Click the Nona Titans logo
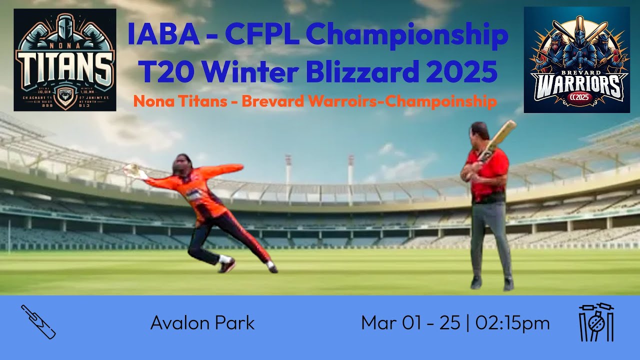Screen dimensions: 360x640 pyautogui.click(x=65, y=59)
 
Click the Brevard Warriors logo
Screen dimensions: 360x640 pyautogui.click(x=576, y=59)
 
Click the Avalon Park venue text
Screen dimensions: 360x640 pyautogui.click(x=202, y=323)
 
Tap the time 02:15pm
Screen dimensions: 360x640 pyautogui.click(x=512, y=323)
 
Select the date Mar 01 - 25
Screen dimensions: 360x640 pyautogui.click(x=410, y=323)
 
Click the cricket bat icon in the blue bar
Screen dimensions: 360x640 pyautogui.click(x=38, y=322)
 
